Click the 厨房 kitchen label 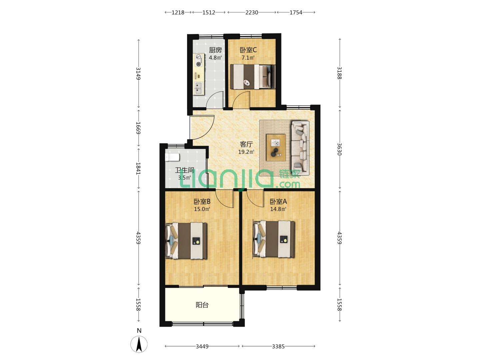coord(215,50)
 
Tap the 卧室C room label coord(248,50)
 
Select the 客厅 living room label coord(246,144)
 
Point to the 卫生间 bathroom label coord(185,170)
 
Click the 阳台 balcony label coord(202,305)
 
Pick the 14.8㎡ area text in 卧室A coord(278,209)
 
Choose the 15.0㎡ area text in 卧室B coord(202,209)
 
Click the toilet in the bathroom coord(172,157)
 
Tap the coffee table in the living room coord(276,148)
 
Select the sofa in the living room coord(300,148)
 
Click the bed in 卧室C coord(253,77)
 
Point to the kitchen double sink coord(199,88)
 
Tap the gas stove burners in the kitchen coord(199,60)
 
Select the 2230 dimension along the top coord(251,12)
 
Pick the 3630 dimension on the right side coord(339,149)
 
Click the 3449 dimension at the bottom coord(202,346)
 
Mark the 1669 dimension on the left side coord(138,128)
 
